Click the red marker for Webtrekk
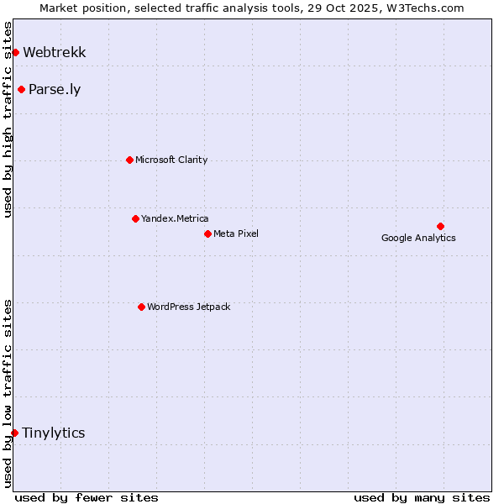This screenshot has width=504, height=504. [x=15, y=53]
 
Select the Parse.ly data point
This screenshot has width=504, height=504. [x=21, y=90]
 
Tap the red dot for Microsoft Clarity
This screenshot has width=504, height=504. [x=129, y=160]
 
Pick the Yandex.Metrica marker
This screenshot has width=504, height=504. [x=135, y=218]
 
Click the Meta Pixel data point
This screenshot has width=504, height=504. [x=207, y=234]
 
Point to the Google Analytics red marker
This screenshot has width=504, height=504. [x=440, y=226]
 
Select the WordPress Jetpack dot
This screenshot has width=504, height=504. [x=141, y=307]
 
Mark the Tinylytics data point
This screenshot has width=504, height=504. [x=15, y=433]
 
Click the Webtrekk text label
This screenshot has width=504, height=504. [x=55, y=52]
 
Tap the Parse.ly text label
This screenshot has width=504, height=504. [x=55, y=90]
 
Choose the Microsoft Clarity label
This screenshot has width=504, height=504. [x=171, y=160]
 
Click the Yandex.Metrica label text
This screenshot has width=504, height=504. [x=175, y=218]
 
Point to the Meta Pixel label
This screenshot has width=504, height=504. [x=236, y=234]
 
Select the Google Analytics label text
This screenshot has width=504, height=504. [x=418, y=238]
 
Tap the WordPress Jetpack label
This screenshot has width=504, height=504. [x=188, y=307]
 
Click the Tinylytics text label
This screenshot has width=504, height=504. [x=54, y=433]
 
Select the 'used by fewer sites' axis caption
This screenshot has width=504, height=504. [x=87, y=497]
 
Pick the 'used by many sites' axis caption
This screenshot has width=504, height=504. [x=422, y=497]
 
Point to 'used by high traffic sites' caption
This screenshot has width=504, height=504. [x=8, y=119]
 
